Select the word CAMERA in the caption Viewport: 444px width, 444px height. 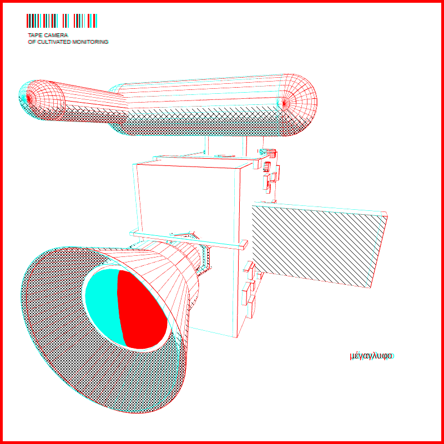(56, 36)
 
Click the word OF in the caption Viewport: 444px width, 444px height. (32, 42)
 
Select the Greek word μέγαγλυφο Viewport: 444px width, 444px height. (371, 356)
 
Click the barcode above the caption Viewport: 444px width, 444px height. (62, 21)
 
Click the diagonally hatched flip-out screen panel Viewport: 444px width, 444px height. (319, 246)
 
